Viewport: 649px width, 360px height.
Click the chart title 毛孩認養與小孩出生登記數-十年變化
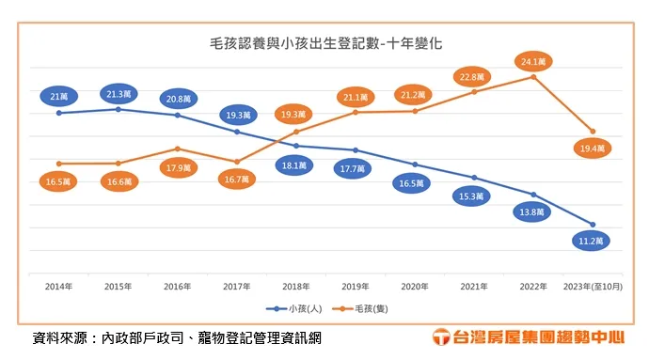325,43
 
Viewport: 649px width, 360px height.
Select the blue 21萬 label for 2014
58,96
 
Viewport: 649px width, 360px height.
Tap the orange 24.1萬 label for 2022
533,61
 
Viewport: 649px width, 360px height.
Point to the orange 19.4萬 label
594,148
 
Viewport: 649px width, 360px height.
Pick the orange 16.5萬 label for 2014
58,181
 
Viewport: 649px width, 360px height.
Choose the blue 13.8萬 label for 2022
533,212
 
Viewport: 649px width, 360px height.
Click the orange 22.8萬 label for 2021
474,76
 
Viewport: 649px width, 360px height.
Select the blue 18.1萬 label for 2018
295,164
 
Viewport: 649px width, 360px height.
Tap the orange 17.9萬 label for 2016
178,167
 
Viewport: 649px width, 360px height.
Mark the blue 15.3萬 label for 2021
474,196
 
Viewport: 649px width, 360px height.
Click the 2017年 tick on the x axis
237,286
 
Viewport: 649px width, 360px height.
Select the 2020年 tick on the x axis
415,286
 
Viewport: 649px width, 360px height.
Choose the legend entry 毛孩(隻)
362,307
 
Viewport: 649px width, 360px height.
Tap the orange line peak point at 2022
533,76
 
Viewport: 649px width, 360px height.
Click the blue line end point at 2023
594,225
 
